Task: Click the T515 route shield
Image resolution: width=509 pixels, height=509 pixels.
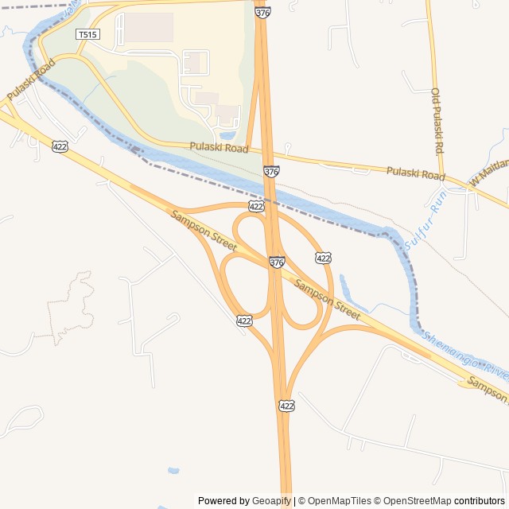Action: tap(87, 34)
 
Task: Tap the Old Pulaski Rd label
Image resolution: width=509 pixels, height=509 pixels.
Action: tap(437, 121)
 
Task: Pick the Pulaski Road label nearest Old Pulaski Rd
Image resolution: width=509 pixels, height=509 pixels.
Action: tap(415, 173)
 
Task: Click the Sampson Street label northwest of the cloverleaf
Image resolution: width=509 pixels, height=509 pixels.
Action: tap(193, 227)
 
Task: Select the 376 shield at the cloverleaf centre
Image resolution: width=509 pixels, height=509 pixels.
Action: tap(277, 262)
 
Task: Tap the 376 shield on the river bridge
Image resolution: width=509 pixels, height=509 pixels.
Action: tap(271, 171)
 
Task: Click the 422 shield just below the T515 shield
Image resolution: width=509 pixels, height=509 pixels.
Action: tap(60, 146)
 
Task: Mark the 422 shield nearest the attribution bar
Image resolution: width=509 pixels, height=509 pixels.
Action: tap(287, 406)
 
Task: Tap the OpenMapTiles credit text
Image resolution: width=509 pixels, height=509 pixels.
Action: tap(340, 501)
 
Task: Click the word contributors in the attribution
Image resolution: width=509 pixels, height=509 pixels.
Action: tap(480, 501)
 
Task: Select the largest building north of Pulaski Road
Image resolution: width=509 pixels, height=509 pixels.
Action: tap(149, 28)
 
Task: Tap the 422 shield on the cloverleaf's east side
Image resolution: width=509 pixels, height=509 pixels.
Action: tap(323, 258)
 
